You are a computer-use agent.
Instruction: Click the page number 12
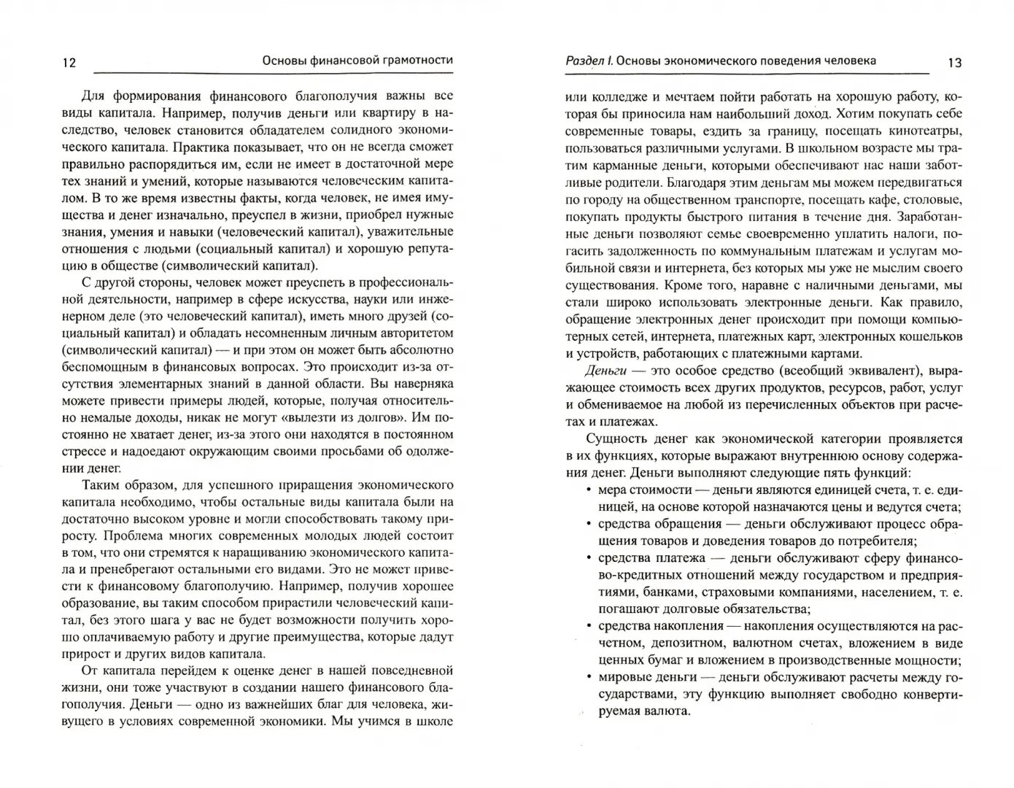(x=69, y=63)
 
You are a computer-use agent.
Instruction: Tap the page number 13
(x=954, y=63)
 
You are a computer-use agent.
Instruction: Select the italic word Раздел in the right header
(x=584, y=61)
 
